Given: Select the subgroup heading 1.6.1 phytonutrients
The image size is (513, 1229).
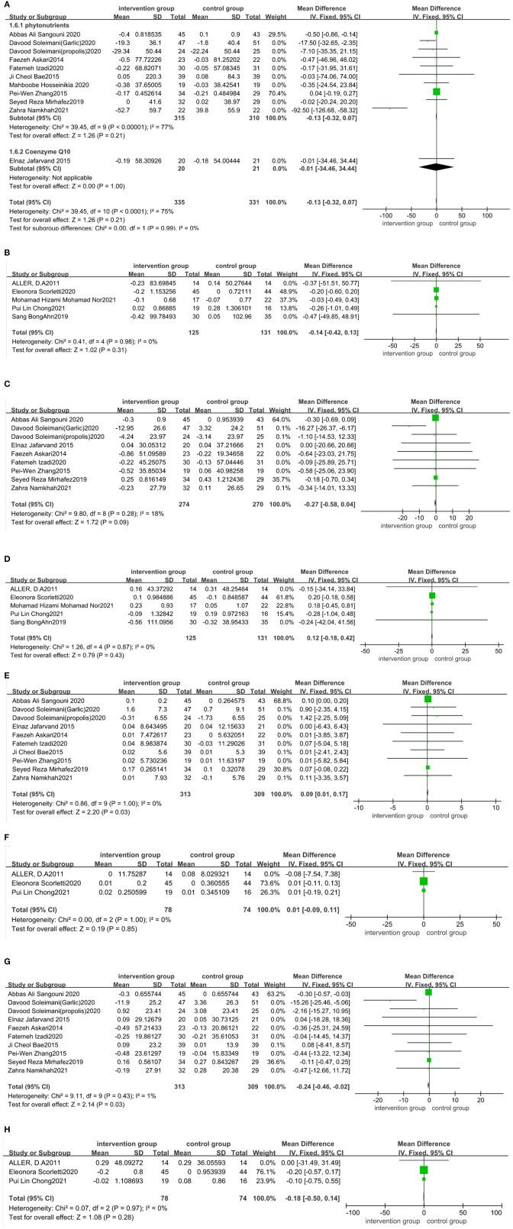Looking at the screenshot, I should point(29,26).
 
